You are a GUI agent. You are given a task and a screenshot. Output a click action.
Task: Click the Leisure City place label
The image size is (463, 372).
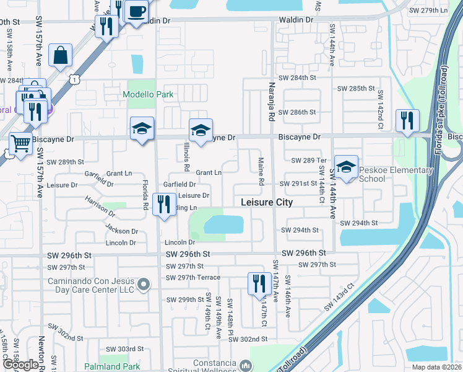coord(266,203)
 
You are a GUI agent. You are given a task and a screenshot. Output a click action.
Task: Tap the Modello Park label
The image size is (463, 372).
coord(148,95)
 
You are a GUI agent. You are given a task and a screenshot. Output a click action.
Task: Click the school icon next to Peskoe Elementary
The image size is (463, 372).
coord(347,167)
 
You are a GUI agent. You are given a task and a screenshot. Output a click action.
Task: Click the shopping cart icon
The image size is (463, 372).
coord(20,143)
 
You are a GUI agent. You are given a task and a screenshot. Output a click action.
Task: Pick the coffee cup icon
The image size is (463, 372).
coord(136,11)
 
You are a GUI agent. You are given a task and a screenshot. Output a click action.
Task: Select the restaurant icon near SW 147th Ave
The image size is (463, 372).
coord(258,283)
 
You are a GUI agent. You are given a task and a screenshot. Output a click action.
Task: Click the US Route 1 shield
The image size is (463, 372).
coord(75,79)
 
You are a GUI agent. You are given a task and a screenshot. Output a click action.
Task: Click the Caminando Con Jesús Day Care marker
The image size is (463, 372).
coord(144,285)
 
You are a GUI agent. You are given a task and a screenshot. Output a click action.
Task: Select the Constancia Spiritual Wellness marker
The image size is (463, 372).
coord(246,366)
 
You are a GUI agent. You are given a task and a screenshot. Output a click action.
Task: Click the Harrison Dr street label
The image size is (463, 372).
coord(100,207)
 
